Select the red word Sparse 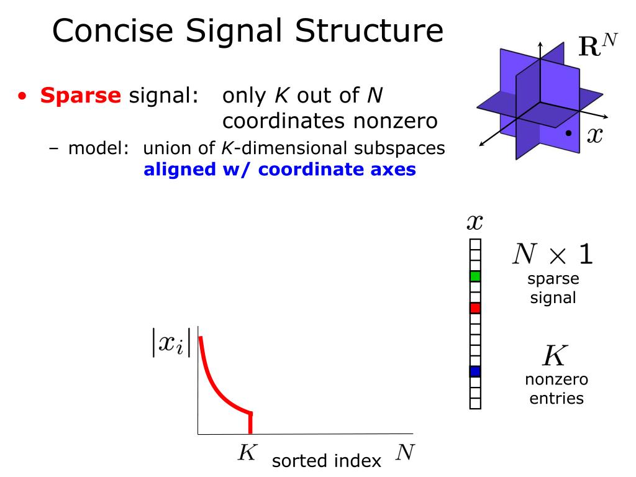point(81,96)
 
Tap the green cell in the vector point(475,276)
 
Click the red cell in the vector point(475,307)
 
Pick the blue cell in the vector point(475,371)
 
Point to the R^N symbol point(597,47)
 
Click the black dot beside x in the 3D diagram point(568,134)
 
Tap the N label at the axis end point(405,452)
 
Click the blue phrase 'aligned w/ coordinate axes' point(279,170)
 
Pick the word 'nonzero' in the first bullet point(396,120)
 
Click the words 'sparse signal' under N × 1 point(553,288)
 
